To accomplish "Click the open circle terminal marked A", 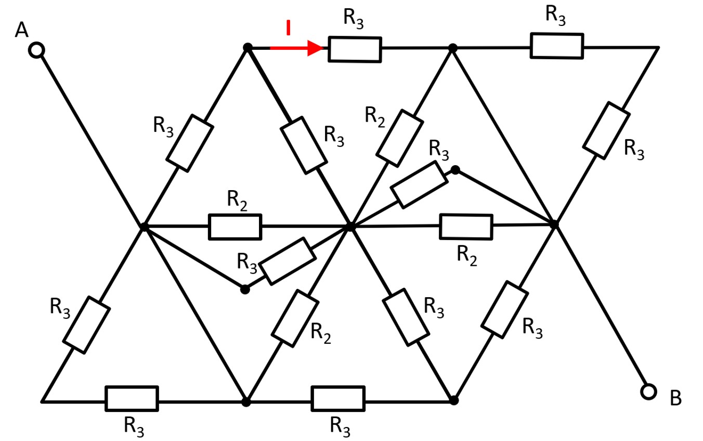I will point(36,50).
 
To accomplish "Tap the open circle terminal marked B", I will point(648,391).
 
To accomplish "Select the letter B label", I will point(675,398).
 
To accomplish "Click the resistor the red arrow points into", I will point(355,49).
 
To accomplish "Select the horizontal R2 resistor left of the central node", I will point(235,227).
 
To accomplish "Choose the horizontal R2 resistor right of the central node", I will point(465,226).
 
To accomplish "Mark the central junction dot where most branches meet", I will point(350,226).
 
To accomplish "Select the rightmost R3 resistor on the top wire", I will point(556,46).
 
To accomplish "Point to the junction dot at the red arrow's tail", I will point(248,48).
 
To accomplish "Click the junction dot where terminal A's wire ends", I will point(145,227).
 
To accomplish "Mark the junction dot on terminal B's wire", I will point(554,224).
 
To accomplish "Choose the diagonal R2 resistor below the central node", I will point(295,318).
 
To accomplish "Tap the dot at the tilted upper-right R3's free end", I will point(455,170).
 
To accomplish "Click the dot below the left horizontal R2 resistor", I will point(245,289).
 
